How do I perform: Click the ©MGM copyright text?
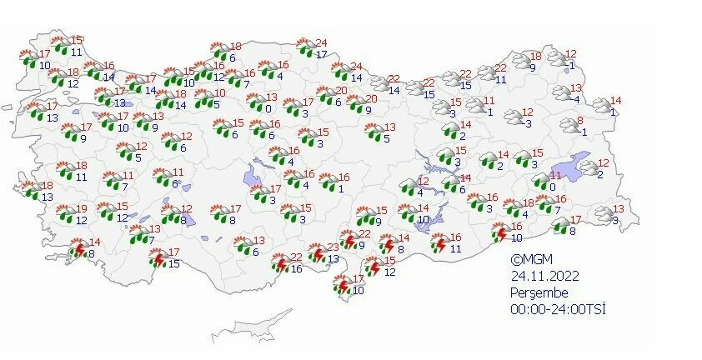click(x=530, y=260)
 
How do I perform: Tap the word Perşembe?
click(x=540, y=292)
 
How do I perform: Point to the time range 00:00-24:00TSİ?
click(x=558, y=309)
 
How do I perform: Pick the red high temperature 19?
click(x=82, y=209)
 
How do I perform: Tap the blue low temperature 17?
click(x=320, y=54)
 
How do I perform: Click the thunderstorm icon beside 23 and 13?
click(x=317, y=253)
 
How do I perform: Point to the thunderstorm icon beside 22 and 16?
click(x=280, y=264)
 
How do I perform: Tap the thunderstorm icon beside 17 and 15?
click(x=157, y=259)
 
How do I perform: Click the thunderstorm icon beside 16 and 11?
click(x=440, y=242)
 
